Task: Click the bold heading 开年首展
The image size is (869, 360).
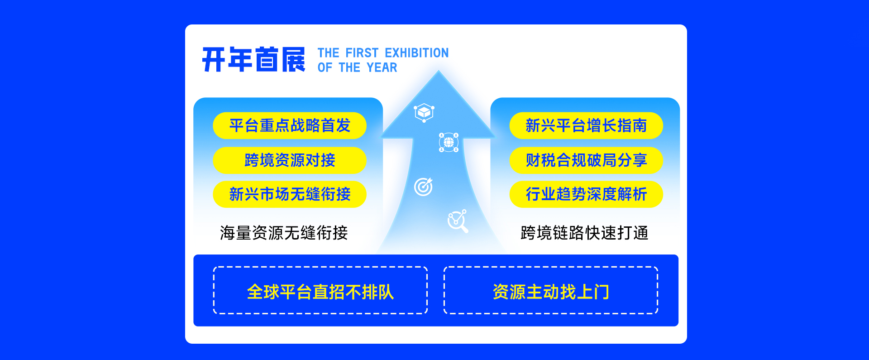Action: tap(253, 59)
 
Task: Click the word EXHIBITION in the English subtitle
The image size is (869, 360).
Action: tap(417, 53)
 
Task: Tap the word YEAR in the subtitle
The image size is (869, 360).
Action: tap(382, 67)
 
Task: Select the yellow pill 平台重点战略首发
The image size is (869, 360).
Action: tap(290, 125)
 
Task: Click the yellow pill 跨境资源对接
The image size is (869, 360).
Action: tap(290, 160)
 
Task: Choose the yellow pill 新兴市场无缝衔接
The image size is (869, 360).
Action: tap(290, 194)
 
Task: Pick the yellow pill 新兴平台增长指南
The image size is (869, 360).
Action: tap(586, 125)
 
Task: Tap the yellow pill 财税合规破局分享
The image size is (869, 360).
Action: tap(586, 160)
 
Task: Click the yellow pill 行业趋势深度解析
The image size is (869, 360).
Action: tap(586, 194)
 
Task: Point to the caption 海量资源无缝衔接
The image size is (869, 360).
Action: tap(284, 233)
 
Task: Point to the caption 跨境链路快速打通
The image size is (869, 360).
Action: tap(584, 233)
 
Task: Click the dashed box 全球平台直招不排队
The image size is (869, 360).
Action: tap(320, 290)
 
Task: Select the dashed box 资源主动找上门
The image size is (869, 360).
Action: tap(551, 290)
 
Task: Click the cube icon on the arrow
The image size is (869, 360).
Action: tap(424, 112)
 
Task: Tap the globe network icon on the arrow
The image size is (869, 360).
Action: tap(449, 142)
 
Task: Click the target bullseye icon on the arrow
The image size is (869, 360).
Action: tap(424, 187)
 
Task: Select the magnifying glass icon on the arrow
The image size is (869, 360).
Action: tap(458, 221)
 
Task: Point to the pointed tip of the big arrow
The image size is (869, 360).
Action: tap(439, 71)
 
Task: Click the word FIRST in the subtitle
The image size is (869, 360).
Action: tap(362, 53)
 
